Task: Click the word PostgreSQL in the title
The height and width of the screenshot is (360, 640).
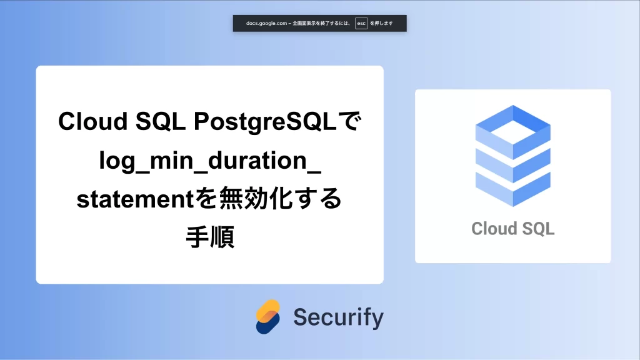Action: point(265,122)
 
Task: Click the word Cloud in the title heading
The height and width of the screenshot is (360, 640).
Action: point(93,121)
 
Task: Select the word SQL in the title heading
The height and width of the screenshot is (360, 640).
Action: point(161,121)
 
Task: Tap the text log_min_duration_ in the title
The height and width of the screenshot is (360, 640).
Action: point(210,161)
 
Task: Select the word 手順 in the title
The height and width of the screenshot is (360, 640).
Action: point(210,237)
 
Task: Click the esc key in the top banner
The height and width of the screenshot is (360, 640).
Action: point(361,23)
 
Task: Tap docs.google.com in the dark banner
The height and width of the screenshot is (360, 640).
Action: point(266,23)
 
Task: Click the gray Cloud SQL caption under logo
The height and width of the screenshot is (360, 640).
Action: point(513,229)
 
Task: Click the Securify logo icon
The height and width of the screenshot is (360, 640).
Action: point(268,317)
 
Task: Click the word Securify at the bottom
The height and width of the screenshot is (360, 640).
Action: point(338,317)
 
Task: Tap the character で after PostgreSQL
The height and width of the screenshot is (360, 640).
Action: point(349,122)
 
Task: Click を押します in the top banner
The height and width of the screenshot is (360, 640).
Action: point(382,23)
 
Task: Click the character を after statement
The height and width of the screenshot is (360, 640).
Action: point(206,198)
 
